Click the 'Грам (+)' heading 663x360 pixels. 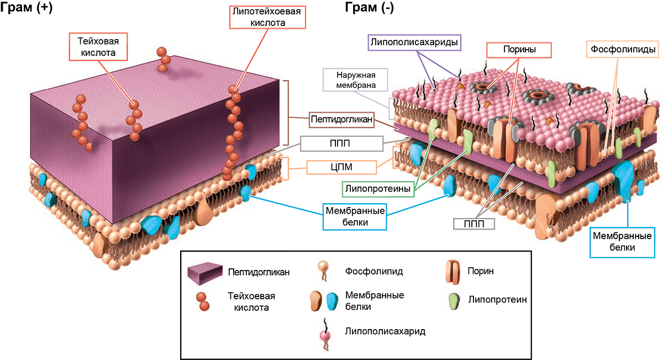pyautogui.click(x=26, y=7)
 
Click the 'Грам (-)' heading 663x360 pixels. pyautogui.click(x=370, y=7)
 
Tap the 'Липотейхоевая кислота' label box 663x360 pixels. pyautogui.click(x=267, y=17)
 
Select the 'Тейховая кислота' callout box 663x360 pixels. pyautogui.click(x=98, y=47)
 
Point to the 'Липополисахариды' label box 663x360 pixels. pyautogui.click(x=414, y=43)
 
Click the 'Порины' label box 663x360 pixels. pyautogui.click(x=519, y=50)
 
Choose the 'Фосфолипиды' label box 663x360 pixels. pyautogui.click(x=623, y=49)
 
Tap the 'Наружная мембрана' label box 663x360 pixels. pyautogui.click(x=355, y=80)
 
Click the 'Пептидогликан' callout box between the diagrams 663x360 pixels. pyautogui.click(x=341, y=119)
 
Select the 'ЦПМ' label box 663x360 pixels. pyautogui.click(x=341, y=167)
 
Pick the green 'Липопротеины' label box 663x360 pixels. pyautogui.click(x=378, y=189)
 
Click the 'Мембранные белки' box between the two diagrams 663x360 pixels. pyautogui.click(x=355, y=216)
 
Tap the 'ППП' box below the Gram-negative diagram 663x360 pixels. pyautogui.click(x=474, y=224)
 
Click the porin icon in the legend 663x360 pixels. pyautogui.click(x=453, y=272)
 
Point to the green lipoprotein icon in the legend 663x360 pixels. pyautogui.click(x=454, y=301)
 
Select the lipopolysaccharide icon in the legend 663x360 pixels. pyautogui.click(x=325, y=334)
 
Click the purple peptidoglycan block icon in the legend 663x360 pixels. pyautogui.click(x=205, y=273)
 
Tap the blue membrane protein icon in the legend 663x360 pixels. pyautogui.click(x=332, y=301)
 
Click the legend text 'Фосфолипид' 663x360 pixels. pyautogui.click(x=374, y=271)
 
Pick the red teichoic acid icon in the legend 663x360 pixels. pyautogui.click(x=203, y=301)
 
